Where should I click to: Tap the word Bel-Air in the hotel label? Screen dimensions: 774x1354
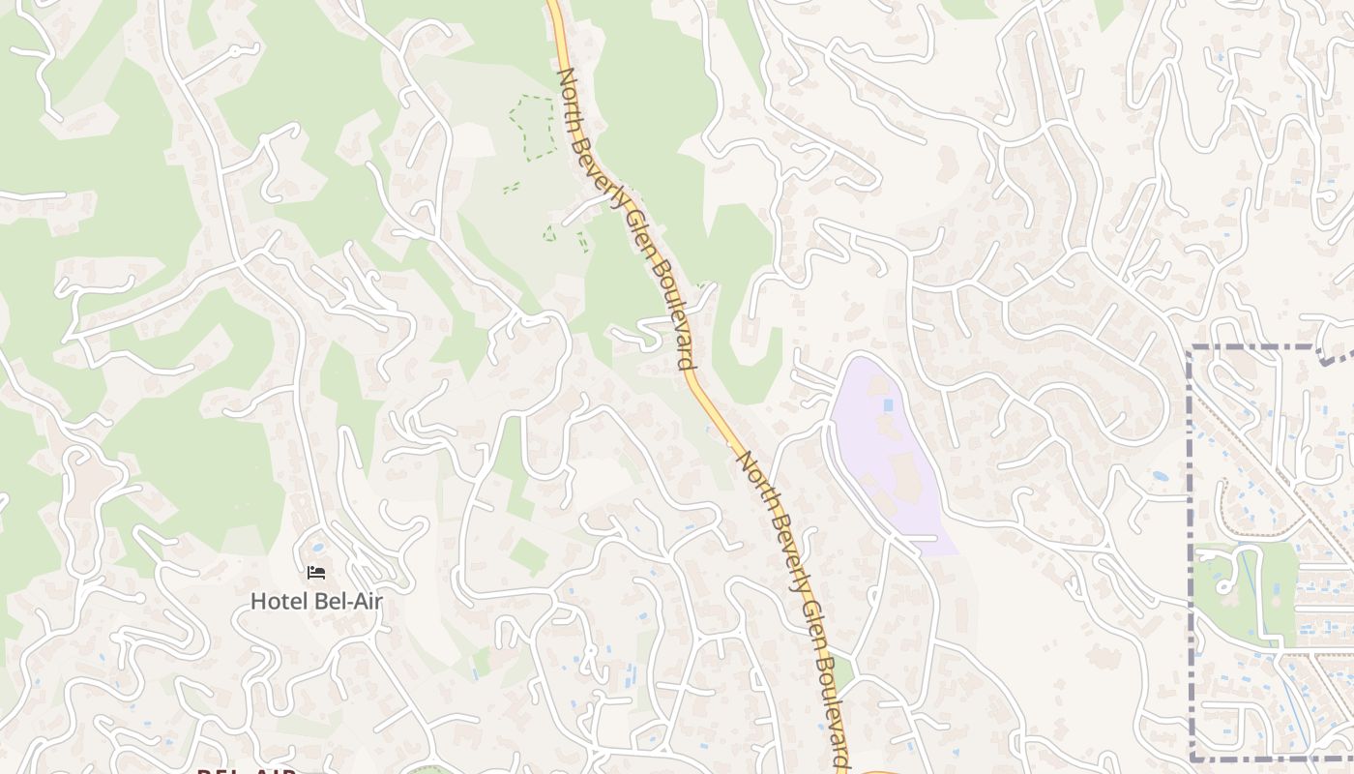(348, 601)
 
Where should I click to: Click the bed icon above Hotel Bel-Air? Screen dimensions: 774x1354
(316, 573)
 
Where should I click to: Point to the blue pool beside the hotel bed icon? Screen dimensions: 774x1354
(318, 548)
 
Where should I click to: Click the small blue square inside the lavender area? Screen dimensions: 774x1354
(888, 403)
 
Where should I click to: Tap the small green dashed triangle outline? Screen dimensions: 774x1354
(549, 232)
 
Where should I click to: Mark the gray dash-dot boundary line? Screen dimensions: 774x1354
(1191, 542)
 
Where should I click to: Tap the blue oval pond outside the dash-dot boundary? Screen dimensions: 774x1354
(1159, 477)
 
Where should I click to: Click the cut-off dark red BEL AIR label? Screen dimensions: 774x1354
(246, 770)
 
